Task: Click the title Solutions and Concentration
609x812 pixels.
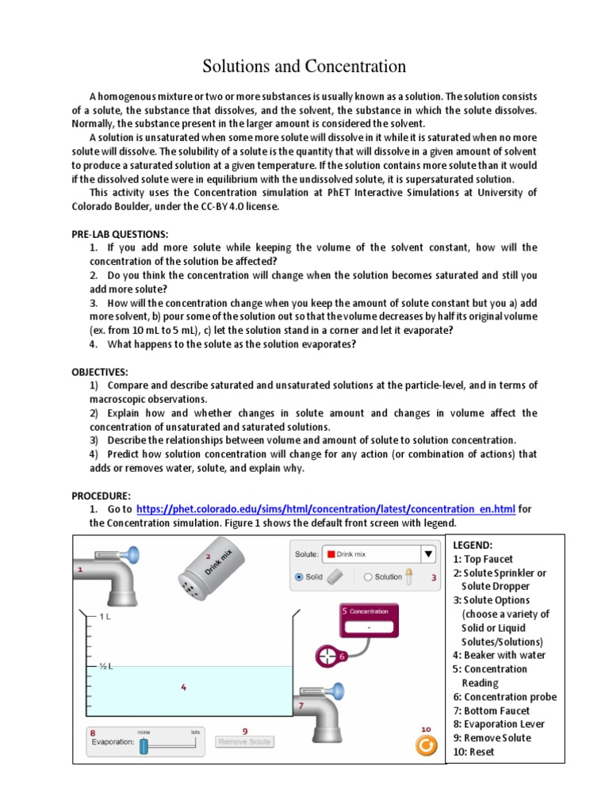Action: [x=304, y=67]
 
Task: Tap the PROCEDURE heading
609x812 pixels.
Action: [x=101, y=495]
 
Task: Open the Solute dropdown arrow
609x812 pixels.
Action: [x=428, y=554]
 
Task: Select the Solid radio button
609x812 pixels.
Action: [x=299, y=577]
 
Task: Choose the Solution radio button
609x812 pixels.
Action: [x=368, y=577]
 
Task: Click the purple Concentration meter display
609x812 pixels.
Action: [x=369, y=619]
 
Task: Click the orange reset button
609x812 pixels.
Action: [x=427, y=745]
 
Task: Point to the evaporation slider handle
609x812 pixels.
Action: [x=144, y=745]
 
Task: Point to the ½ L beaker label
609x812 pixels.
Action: [x=106, y=666]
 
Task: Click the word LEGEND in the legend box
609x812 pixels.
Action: [x=473, y=546]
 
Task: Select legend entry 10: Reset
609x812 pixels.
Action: [x=473, y=752]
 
